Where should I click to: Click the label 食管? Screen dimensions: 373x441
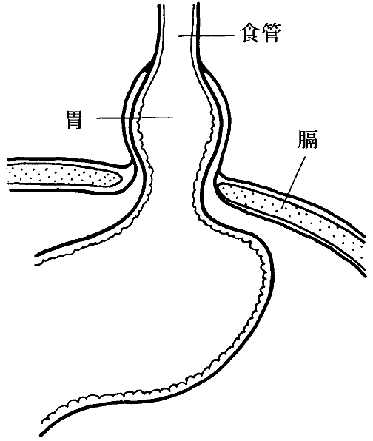(x=261, y=33)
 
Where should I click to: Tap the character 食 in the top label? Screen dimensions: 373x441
(x=250, y=33)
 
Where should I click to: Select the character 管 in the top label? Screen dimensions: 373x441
(x=272, y=33)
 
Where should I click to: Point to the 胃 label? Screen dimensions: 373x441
(x=74, y=120)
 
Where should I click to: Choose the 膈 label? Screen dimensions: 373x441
(x=307, y=139)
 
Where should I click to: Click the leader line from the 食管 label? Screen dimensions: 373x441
(x=206, y=36)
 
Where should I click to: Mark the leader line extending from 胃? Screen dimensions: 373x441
(x=135, y=118)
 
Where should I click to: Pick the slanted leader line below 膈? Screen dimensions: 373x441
(x=294, y=183)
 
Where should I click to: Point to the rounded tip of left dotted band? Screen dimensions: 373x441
(x=120, y=178)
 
